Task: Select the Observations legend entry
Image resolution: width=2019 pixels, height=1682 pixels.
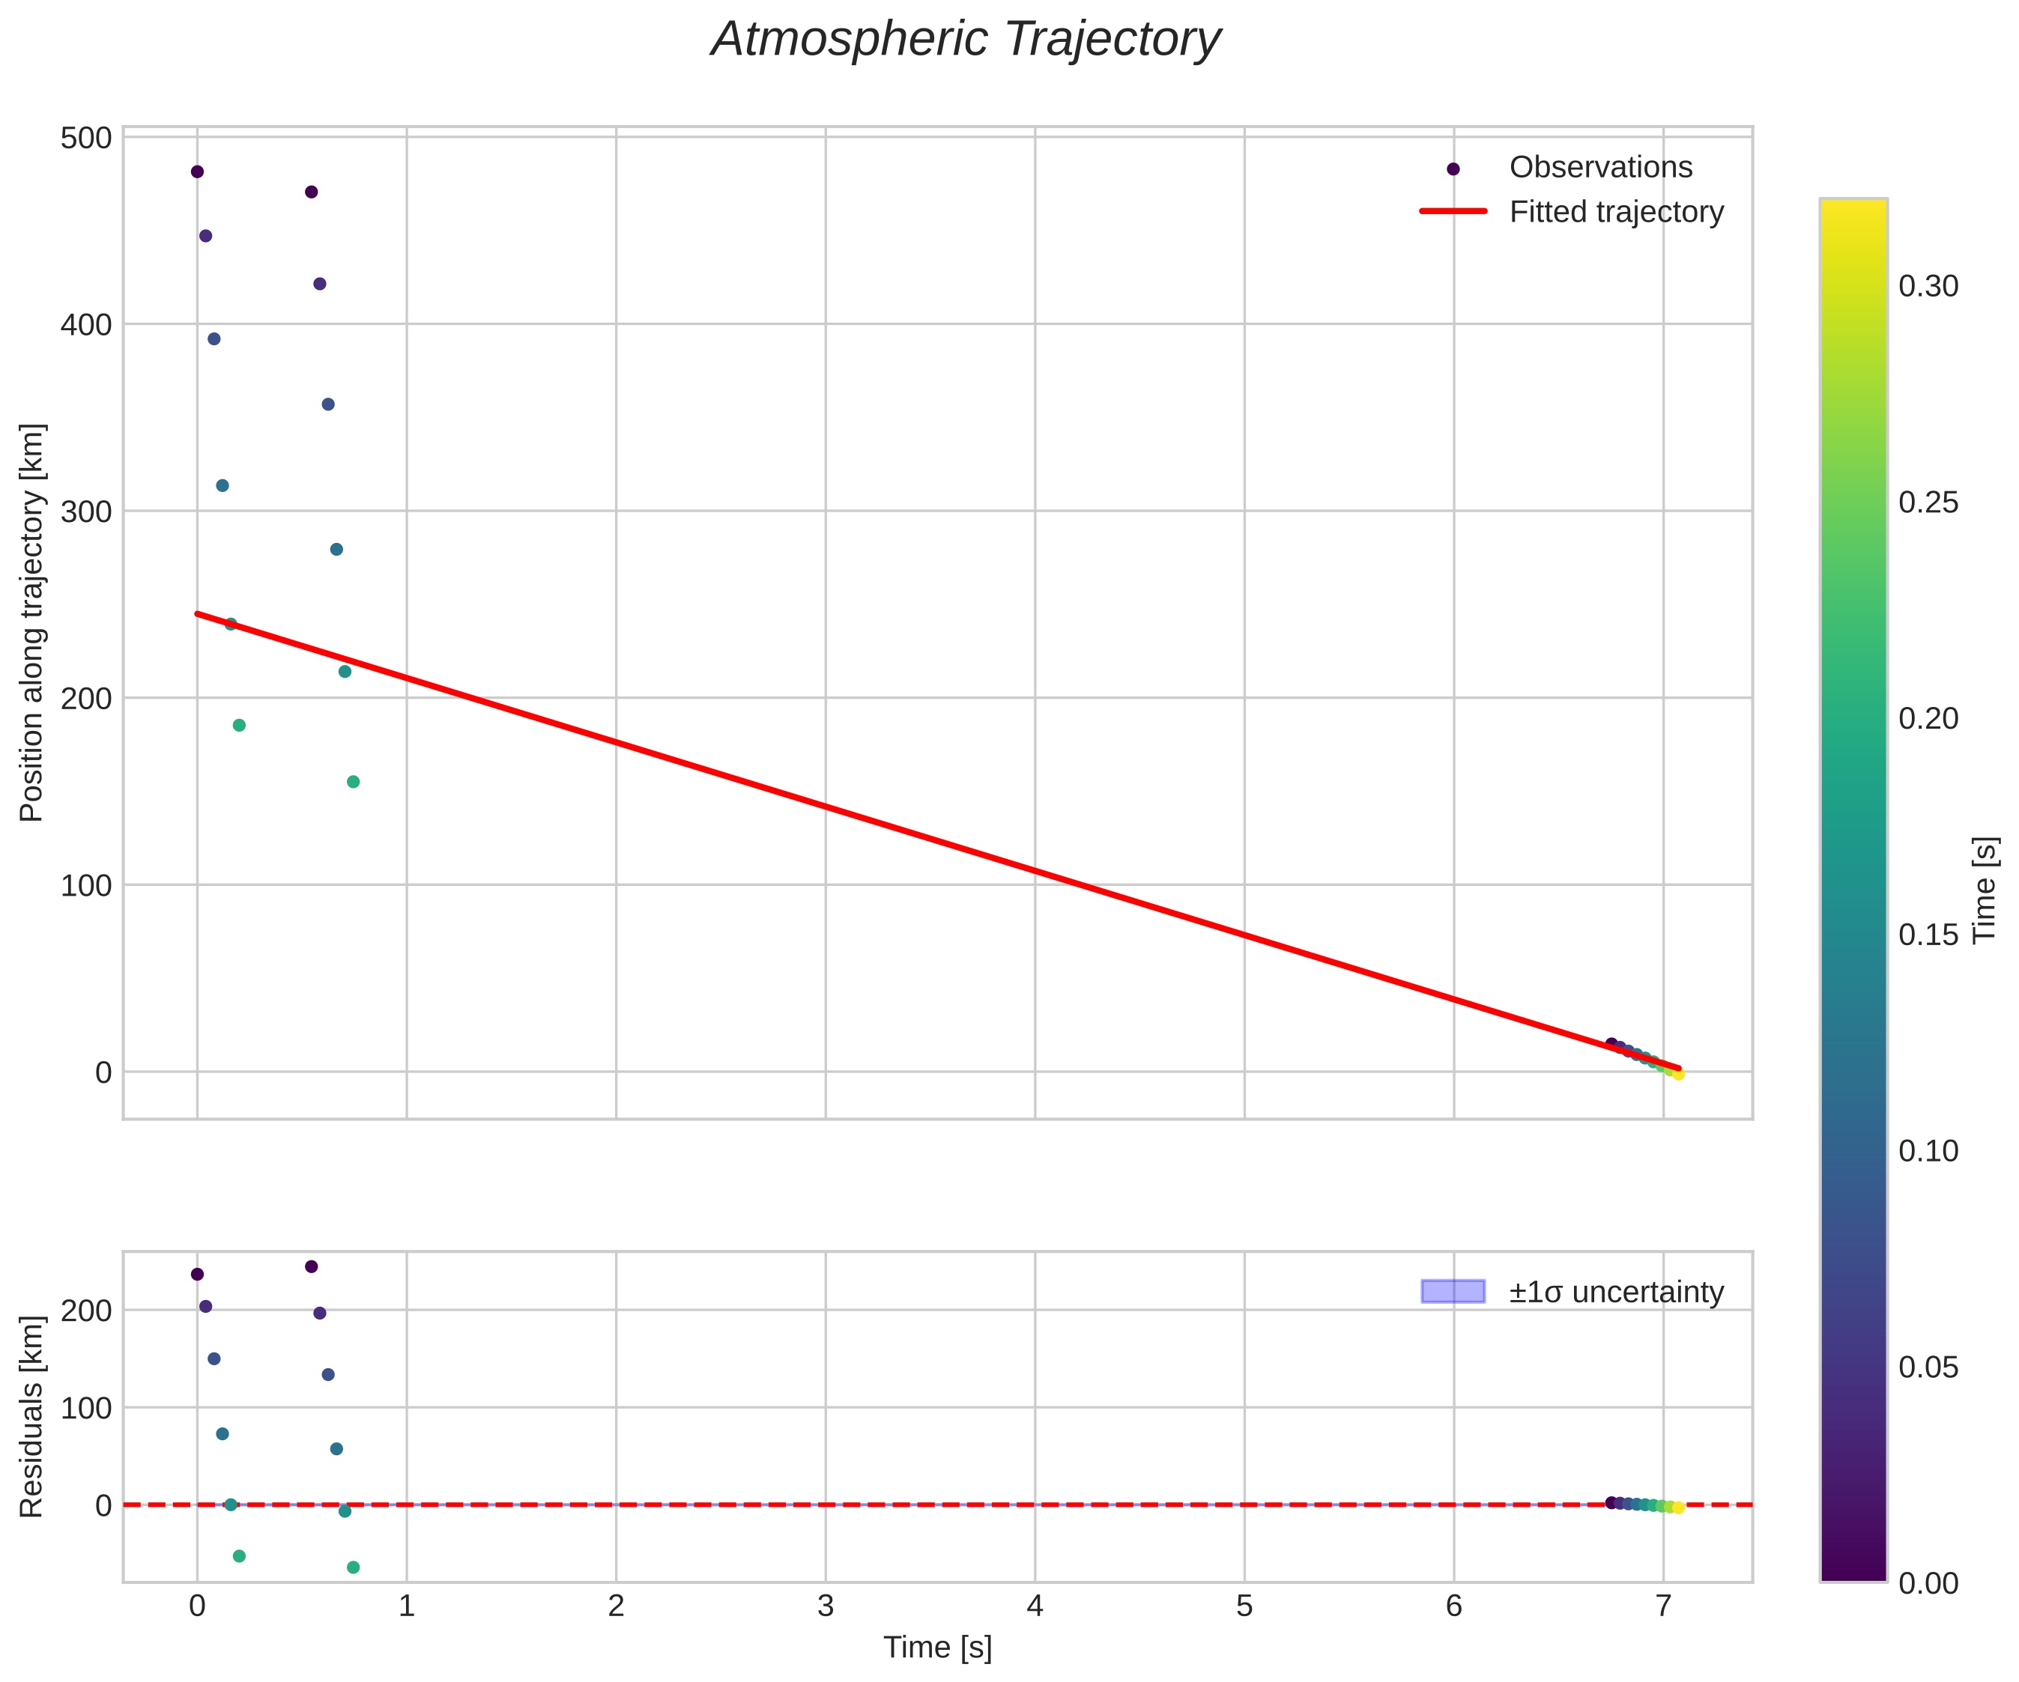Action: (x=1599, y=167)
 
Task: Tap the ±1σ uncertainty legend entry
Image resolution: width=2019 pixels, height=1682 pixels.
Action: (x=1616, y=1292)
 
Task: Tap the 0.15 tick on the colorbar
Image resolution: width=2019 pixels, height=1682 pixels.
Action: (x=1928, y=934)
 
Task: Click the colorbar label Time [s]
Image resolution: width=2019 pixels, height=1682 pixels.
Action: (x=1985, y=890)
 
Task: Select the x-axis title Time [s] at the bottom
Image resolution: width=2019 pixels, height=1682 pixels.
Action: (x=937, y=1648)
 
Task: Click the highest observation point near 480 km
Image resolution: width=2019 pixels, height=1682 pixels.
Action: (x=197, y=172)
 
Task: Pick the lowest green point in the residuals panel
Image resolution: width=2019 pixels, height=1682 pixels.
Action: (x=353, y=1567)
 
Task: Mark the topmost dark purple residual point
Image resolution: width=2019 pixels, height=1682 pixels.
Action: (x=312, y=1267)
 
